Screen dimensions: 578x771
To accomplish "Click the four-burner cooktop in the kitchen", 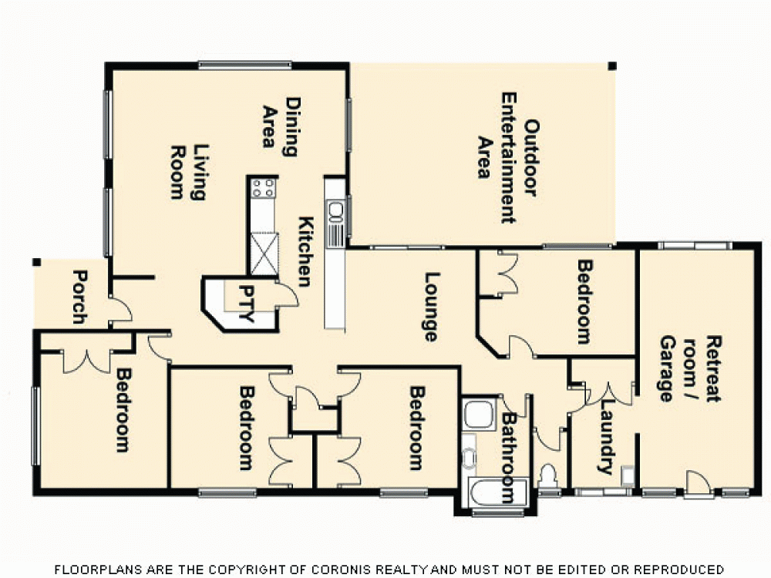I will tap(263, 187).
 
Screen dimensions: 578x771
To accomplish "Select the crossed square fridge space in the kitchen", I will tap(263, 254).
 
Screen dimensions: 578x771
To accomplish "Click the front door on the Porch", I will tap(120, 311).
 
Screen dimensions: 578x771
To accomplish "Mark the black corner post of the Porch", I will tap(35, 262).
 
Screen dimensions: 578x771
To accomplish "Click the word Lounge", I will tap(430, 307).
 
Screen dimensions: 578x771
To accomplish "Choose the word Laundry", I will tap(606, 435).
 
